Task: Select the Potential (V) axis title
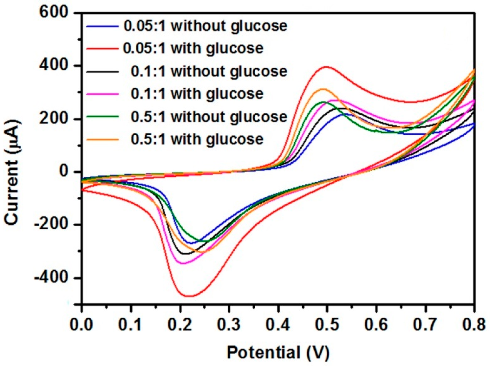pos(278,352)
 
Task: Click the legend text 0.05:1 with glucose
pos(193,48)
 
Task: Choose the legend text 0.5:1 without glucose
pos(209,117)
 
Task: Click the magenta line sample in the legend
pos(102,94)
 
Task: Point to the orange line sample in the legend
pos(102,139)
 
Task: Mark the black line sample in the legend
pos(102,71)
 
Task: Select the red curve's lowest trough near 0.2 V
pos(190,296)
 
